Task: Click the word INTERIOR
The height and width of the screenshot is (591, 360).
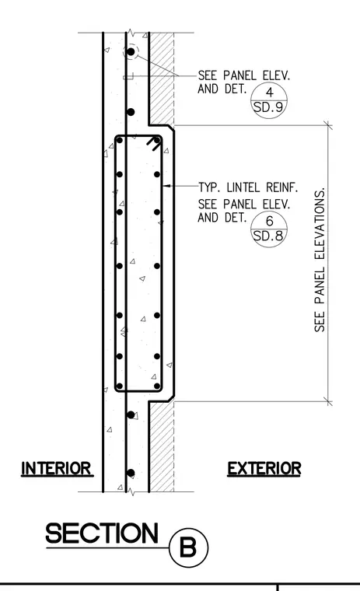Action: pos(57,468)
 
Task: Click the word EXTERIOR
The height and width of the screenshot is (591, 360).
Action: pos(264,468)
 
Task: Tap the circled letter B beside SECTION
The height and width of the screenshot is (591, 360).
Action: pos(188,547)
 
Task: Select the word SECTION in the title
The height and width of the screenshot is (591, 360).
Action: pos(102,533)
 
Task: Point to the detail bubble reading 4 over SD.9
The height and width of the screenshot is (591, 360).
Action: pos(269,100)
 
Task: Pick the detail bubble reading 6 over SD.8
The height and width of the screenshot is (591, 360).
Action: pos(269,229)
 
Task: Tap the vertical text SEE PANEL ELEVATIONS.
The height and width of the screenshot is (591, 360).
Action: pos(320,260)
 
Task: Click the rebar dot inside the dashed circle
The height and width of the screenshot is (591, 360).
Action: pos(131,51)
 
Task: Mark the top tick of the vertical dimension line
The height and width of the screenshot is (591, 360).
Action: pos(328,125)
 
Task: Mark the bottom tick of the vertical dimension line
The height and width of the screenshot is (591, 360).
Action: pos(328,401)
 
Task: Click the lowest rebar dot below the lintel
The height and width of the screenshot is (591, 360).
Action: pos(131,473)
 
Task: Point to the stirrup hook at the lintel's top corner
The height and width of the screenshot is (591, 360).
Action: pos(153,143)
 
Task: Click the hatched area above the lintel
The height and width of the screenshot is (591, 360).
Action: pos(162,77)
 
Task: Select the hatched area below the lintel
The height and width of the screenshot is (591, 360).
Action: pos(162,446)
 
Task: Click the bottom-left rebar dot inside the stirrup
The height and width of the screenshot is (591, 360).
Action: pos(120,386)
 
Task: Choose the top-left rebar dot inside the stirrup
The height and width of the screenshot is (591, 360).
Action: pos(120,140)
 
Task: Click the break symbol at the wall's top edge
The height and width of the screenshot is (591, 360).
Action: pos(131,33)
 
